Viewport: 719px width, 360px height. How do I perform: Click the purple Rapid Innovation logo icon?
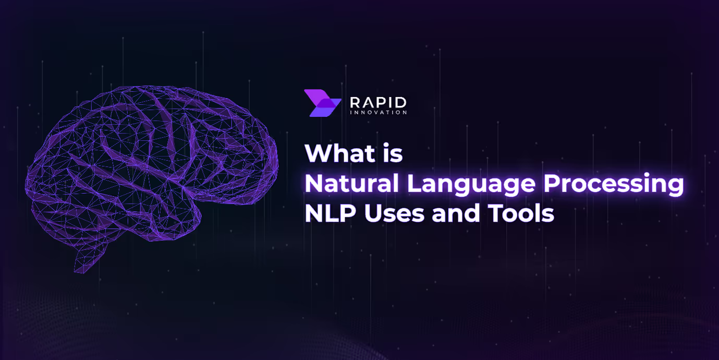(x=322, y=103)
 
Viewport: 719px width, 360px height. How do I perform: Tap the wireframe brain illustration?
(x=151, y=167)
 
